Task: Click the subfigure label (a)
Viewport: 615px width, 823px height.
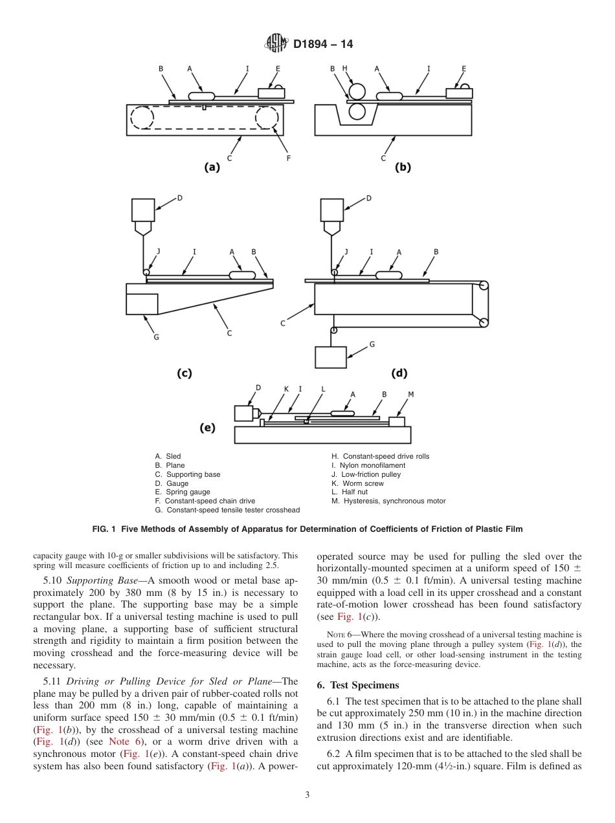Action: coord(211,167)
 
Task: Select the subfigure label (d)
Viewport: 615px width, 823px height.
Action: coord(399,373)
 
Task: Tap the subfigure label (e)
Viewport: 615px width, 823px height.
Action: coord(207,428)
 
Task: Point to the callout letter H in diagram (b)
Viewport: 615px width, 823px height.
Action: coord(344,68)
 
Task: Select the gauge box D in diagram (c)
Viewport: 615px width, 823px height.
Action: coord(142,210)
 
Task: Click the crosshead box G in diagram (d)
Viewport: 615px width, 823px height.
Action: coord(330,357)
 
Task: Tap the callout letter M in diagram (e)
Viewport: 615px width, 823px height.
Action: coord(410,394)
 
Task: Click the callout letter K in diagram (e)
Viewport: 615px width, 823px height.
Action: coord(285,389)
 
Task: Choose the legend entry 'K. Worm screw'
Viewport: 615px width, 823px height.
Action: coord(357,483)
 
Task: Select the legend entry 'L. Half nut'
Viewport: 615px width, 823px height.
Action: coord(350,492)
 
